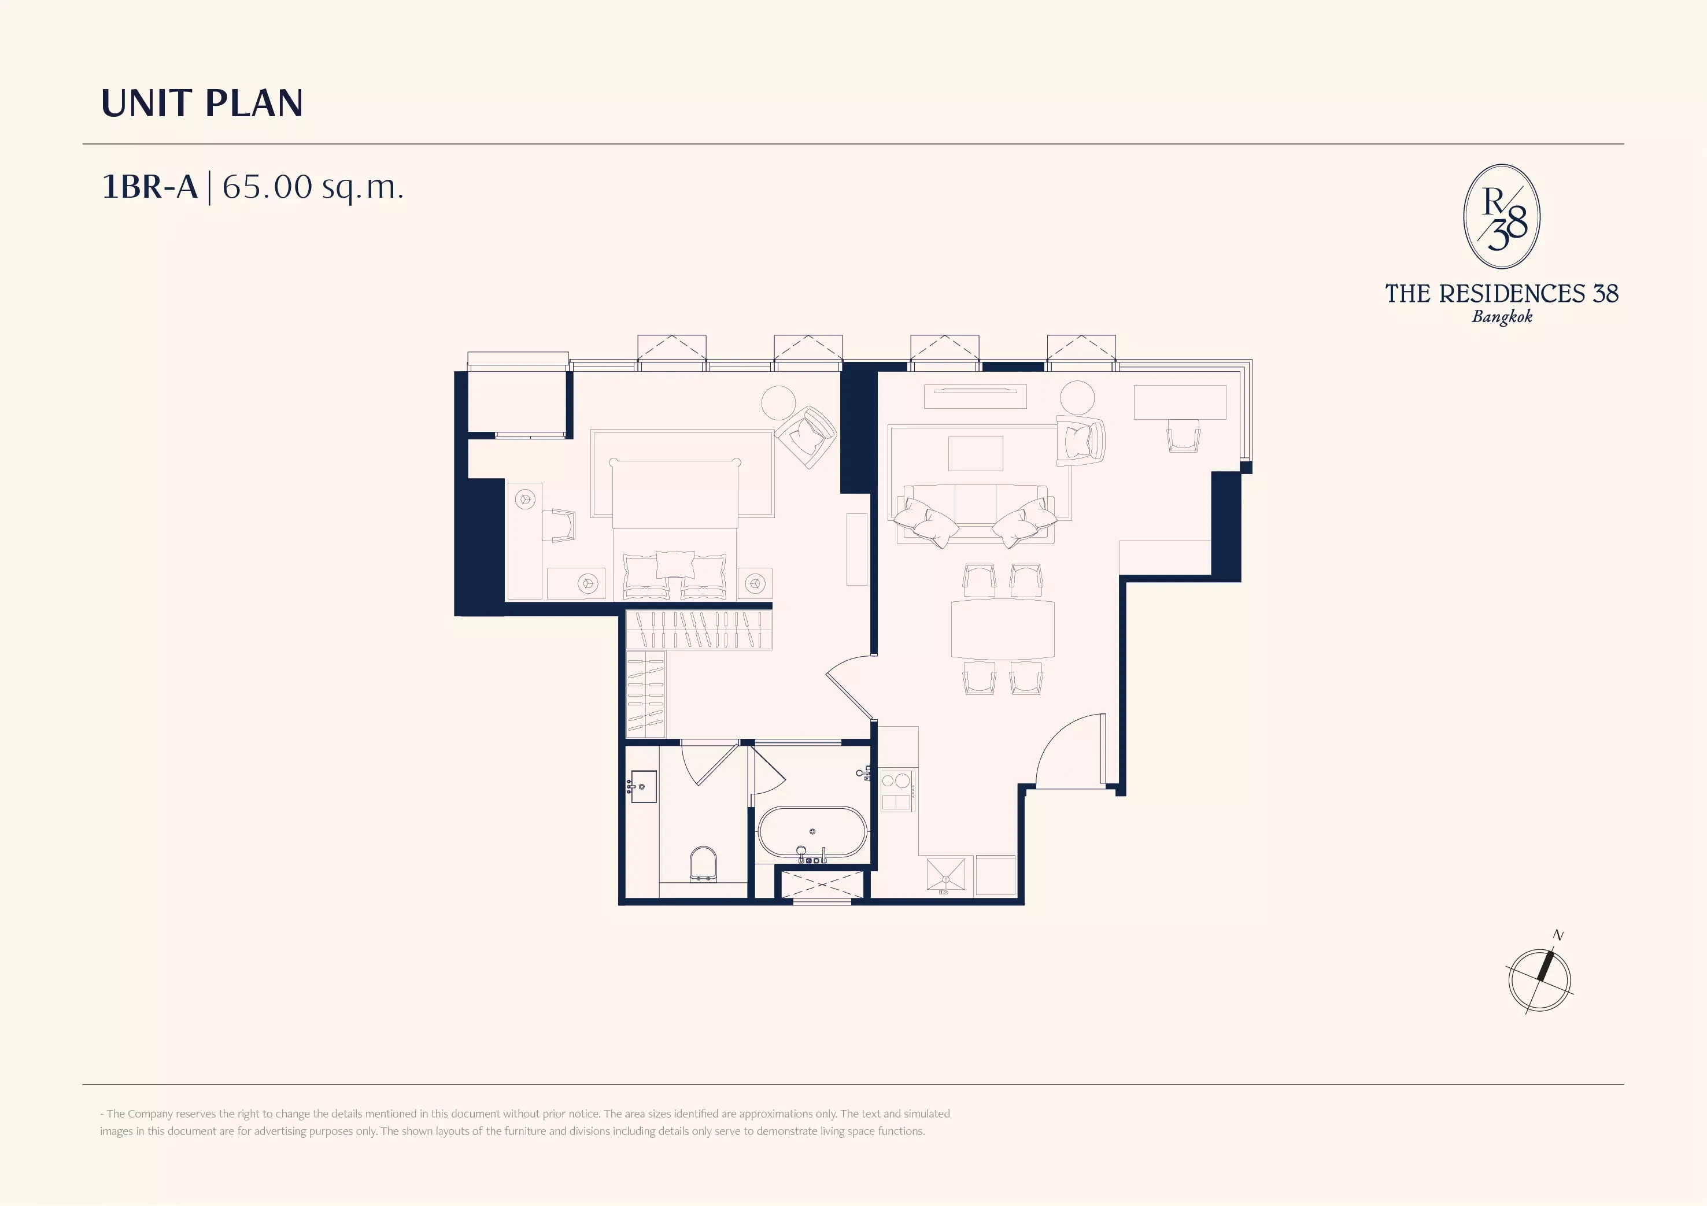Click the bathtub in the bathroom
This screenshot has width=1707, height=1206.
pos(812,832)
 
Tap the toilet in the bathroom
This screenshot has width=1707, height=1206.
pos(703,864)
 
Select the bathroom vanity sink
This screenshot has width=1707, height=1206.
pos(642,787)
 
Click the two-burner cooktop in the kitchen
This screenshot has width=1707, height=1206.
pos(897,791)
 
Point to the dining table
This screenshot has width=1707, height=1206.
pos(1002,629)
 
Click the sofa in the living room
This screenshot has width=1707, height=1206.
pos(975,514)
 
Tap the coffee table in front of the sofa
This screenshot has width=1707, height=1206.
pos(976,454)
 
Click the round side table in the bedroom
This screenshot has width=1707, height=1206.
pos(779,404)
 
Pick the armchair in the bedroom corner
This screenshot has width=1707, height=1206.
pos(806,437)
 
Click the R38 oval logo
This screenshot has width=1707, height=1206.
pos(1502,216)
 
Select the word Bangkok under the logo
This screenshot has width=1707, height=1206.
pos(1502,317)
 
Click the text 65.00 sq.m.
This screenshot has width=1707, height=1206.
pos(312,187)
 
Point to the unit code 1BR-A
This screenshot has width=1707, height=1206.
pos(149,187)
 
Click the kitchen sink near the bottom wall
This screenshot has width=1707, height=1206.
pos(945,874)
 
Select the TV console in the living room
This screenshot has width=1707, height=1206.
pos(976,396)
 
